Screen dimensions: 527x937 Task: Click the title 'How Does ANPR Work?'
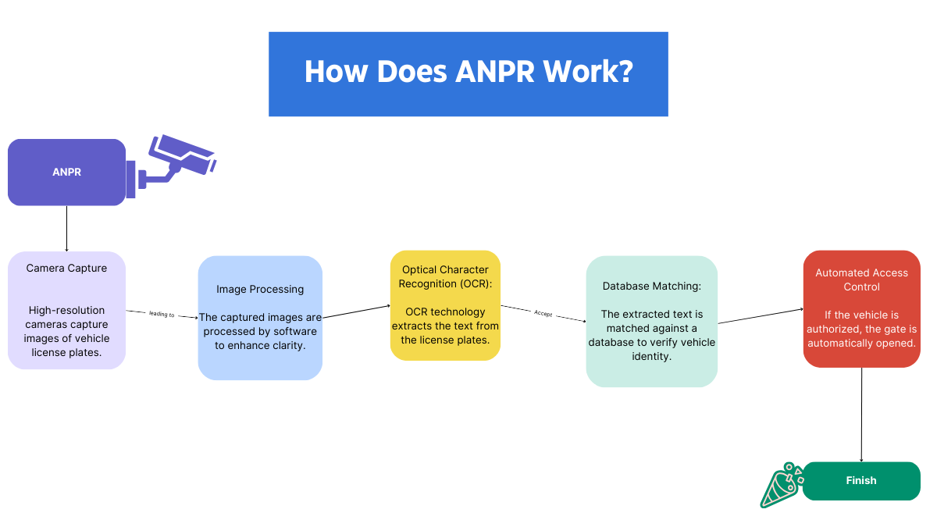point(468,72)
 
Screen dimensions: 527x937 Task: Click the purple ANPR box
point(66,172)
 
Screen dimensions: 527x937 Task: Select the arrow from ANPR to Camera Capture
point(66,228)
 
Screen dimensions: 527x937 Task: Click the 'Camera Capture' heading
point(66,268)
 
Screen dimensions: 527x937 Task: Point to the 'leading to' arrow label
point(162,314)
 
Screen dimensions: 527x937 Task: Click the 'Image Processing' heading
point(260,289)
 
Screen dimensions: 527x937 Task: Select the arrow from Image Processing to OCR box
point(356,312)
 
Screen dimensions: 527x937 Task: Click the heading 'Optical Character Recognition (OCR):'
point(445,276)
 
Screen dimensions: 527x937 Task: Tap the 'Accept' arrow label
point(543,313)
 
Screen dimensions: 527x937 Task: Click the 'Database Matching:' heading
point(651,286)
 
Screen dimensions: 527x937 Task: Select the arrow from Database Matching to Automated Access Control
point(761,316)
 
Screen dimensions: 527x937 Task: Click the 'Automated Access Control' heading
point(861,280)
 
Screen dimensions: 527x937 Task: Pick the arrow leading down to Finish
point(861,414)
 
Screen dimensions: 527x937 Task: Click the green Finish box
point(861,481)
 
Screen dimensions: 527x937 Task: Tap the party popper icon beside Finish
point(782,484)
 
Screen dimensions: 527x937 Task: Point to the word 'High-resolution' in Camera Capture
point(66,310)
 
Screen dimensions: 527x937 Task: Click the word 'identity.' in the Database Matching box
point(651,356)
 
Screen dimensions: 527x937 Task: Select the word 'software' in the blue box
point(294,331)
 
